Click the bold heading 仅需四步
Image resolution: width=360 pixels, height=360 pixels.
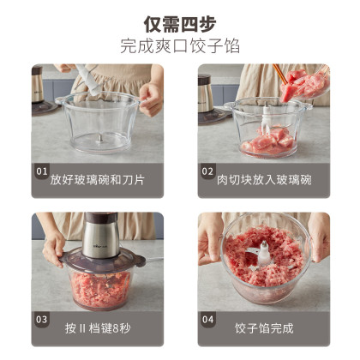pyautogui.click(x=180, y=24)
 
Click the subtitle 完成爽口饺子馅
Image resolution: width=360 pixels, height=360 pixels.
pyautogui.click(x=180, y=45)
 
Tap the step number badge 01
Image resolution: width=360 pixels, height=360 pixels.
pyautogui.click(x=42, y=171)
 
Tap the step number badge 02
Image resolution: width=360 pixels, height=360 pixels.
pyautogui.click(x=207, y=171)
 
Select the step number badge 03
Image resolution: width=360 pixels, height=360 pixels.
pyautogui.click(x=42, y=319)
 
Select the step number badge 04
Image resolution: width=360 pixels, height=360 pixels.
pyautogui.click(x=207, y=319)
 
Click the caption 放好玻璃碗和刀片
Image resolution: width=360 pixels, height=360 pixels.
pyautogui.click(x=97, y=180)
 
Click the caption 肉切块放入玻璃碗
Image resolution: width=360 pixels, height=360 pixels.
pyautogui.click(x=264, y=180)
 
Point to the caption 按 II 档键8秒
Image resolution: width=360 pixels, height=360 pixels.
pyautogui.click(x=98, y=328)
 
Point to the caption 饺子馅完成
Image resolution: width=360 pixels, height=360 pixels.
pyautogui.click(x=264, y=328)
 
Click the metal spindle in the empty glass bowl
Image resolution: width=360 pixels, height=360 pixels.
pyautogui.click(x=99, y=140)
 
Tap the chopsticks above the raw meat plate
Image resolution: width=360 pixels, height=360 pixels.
pyautogui.click(x=280, y=74)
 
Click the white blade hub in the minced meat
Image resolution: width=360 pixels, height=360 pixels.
pyautogui.click(x=264, y=254)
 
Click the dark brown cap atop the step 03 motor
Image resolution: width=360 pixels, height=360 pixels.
pyautogui.click(x=101, y=217)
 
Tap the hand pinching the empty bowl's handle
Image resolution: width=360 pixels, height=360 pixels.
pyautogui.click(x=151, y=99)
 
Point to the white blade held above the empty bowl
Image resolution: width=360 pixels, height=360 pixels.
pyautogui.click(x=88, y=80)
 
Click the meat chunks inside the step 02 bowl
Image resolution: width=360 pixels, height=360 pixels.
pyautogui.click(x=268, y=141)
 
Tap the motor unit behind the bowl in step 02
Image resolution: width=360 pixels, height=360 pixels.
pyautogui.click(x=206, y=94)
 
